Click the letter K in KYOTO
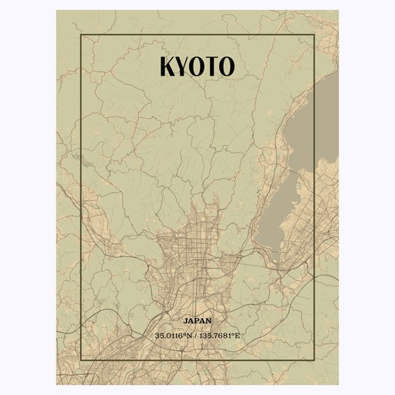[x=168, y=67]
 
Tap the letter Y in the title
[x=184, y=67]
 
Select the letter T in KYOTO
[x=211, y=67]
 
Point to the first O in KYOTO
[x=197, y=67]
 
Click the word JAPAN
[x=197, y=319]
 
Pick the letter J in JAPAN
[x=186, y=319]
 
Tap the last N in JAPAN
[x=209, y=319]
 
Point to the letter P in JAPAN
[x=197, y=319]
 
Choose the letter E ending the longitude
[x=238, y=336]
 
